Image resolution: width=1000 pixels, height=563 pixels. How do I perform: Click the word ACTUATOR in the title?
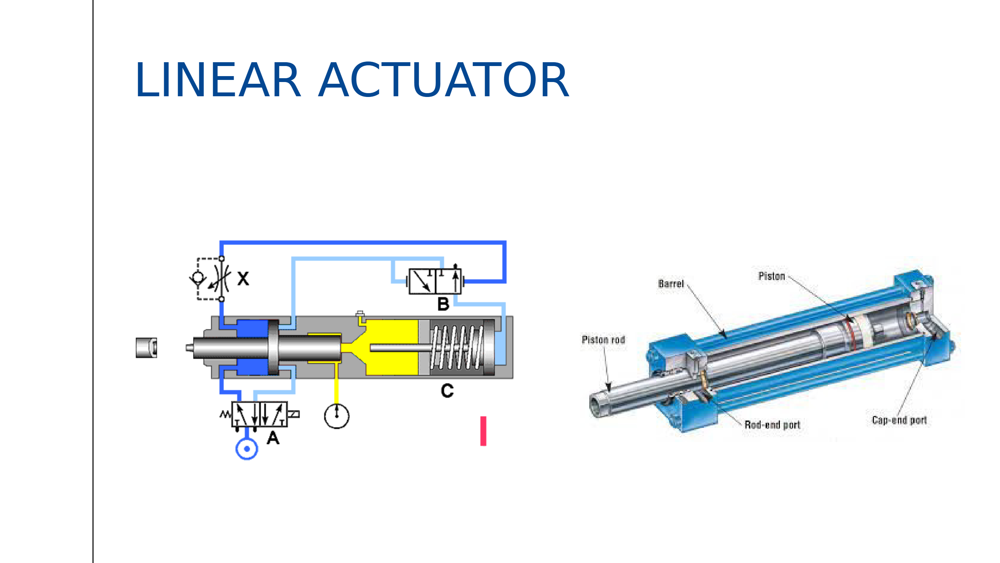tap(443, 80)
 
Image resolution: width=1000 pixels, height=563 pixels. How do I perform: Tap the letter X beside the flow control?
tap(243, 279)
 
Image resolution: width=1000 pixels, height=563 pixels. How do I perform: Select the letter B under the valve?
tap(443, 304)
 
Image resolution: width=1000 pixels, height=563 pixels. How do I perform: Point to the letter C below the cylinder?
tap(447, 391)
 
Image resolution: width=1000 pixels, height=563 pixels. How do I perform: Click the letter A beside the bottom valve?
tap(273, 438)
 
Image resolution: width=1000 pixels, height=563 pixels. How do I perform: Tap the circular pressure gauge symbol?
tap(336, 416)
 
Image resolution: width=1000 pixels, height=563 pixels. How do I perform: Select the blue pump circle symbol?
tap(247, 449)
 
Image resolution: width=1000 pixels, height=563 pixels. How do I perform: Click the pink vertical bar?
tap(483, 431)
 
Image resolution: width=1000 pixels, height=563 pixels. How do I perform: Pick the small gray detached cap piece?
tap(146, 348)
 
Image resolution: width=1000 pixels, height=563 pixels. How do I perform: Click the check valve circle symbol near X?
tap(198, 278)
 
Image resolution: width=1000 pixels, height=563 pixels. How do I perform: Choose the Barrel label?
tap(671, 284)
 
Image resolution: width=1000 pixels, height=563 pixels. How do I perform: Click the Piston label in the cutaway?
tap(772, 276)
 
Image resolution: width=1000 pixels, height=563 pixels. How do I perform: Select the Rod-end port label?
tap(773, 425)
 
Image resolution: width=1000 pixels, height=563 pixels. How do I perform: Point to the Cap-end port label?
tap(899, 420)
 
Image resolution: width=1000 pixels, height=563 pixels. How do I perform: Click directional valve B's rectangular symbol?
tap(435, 281)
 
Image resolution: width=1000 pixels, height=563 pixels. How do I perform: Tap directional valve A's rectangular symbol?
tap(259, 415)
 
